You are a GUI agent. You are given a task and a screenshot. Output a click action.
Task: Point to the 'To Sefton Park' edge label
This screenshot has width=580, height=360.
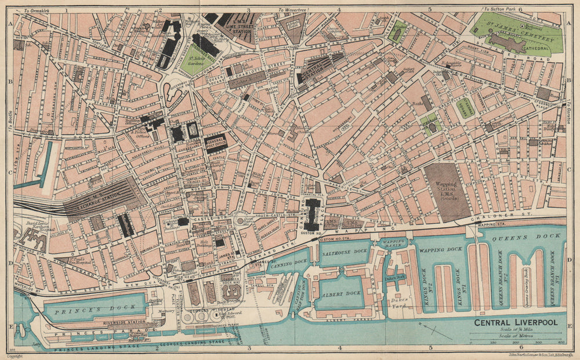[501, 10]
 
